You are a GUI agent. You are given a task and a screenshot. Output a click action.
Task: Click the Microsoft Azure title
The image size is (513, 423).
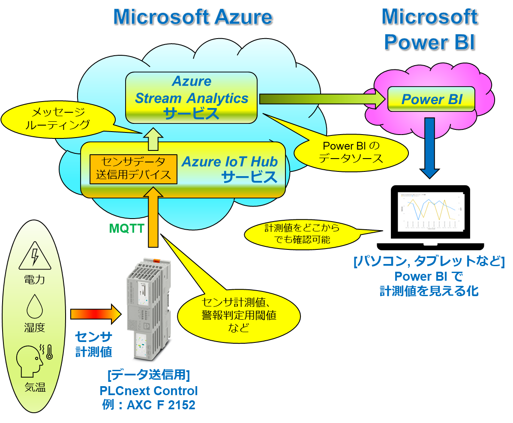point(192,17)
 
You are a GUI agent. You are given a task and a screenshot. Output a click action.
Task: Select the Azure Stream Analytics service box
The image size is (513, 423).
point(192,98)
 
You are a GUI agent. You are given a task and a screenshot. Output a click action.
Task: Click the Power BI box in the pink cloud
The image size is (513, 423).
point(431,99)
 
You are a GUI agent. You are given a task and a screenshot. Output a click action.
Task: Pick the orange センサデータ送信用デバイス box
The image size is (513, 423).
point(133,168)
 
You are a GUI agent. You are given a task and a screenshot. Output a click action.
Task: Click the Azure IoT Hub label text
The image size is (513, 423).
point(230,162)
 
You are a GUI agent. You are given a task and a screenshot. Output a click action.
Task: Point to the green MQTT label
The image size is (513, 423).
point(127,228)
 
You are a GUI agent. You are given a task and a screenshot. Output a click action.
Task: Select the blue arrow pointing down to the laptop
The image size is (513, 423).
point(429,148)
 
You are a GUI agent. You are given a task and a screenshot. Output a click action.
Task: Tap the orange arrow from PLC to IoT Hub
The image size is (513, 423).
point(153,219)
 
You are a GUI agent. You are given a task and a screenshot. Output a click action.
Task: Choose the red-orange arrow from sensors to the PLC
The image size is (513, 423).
point(96,314)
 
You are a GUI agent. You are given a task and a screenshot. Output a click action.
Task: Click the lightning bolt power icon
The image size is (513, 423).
point(34,256)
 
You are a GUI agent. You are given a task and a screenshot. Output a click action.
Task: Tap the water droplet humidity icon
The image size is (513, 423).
point(34,306)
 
